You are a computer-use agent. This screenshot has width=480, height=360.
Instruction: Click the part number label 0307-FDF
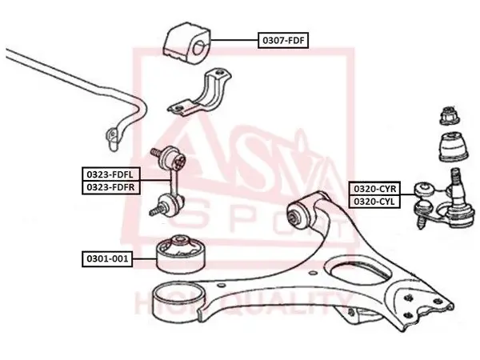coord(283,40)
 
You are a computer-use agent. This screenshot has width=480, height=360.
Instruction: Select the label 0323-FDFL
coord(111,174)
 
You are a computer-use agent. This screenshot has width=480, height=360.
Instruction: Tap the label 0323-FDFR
coord(111,187)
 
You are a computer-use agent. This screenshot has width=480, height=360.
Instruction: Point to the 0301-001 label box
coord(107,259)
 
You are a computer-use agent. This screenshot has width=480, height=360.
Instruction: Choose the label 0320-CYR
coord(374,189)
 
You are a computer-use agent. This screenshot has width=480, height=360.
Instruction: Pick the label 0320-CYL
coord(374,202)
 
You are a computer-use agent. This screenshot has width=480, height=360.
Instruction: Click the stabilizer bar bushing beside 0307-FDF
coord(186,43)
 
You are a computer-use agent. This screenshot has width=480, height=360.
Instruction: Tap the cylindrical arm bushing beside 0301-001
coord(182,254)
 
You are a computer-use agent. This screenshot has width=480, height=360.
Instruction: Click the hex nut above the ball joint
coord(450,115)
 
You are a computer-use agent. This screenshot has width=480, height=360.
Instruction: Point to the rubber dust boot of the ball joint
coord(454,146)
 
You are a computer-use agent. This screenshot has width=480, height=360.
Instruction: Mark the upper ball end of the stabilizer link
coord(174,158)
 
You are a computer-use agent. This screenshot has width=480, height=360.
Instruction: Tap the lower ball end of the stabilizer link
coord(169,204)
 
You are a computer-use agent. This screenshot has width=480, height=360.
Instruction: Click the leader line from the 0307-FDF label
coord(234,40)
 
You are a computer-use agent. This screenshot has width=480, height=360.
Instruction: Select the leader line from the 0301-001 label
coord(145,259)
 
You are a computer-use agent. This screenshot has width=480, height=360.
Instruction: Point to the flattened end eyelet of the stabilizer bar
coord(112,139)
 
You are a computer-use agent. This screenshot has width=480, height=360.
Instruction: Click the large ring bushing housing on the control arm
coord(178,302)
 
